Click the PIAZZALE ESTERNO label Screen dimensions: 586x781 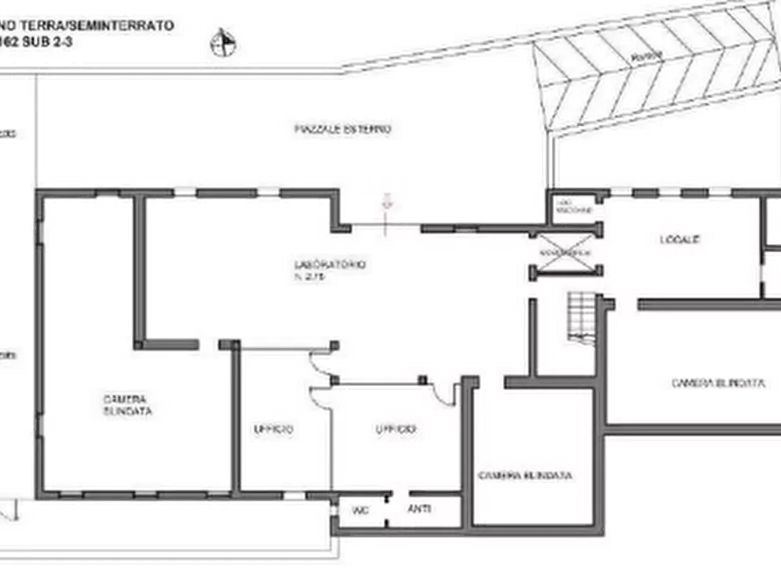pyautogui.click(x=341, y=129)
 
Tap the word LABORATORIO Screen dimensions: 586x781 pyautogui.click(x=330, y=263)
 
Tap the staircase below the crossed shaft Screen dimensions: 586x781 pyautogui.click(x=581, y=313)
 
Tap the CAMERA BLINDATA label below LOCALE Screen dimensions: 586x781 pyautogui.click(x=718, y=383)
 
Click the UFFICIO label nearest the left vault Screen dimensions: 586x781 pyautogui.click(x=273, y=429)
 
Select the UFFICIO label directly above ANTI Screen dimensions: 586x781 pyautogui.click(x=395, y=429)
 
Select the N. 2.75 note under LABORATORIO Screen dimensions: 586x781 pyautogui.click(x=311, y=276)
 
